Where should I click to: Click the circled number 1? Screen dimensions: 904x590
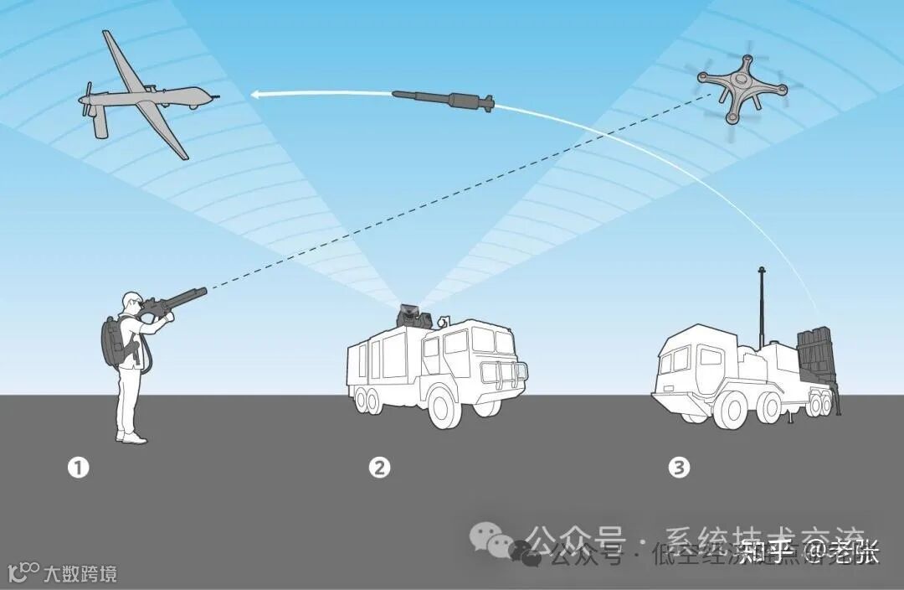[x=78, y=468]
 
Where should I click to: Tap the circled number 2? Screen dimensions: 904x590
[x=380, y=468]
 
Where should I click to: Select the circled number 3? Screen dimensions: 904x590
[x=680, y=468]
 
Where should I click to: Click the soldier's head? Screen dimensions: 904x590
[x=132, y=301]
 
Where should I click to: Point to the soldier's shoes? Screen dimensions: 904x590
[x=131, y=437]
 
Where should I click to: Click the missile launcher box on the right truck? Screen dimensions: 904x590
[x=815, y=356]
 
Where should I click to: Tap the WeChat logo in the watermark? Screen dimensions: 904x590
[x=491, y=536]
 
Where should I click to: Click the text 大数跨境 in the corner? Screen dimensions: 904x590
[x=80, y=574]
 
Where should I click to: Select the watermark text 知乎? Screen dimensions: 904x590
[x=765, y=552]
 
